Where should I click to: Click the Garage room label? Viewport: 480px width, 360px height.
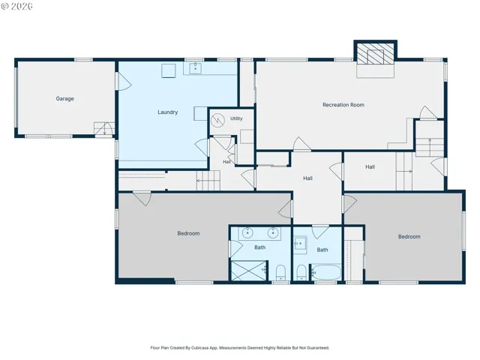click(64, 98)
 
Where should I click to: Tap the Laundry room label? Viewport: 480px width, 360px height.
click(168, 112)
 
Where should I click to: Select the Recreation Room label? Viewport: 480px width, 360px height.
click(343, 105)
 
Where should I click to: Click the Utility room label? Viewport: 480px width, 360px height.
click(236, 118)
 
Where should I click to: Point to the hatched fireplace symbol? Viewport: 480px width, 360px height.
click(375, 53)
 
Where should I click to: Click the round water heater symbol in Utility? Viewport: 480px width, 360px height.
click(218, 120)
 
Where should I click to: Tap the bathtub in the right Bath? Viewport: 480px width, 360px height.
click(326, 272)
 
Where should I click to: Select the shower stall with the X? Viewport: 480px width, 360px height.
click(248, 271)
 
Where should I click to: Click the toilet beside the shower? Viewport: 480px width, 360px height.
click(280, 272)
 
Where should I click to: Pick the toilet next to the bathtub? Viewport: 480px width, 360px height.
click(301, 272)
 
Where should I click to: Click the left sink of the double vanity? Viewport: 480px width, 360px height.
click(247, 233)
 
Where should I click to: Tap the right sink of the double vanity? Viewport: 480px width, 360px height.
click(273, 233)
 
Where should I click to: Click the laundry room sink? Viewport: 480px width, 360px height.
click(195, 68)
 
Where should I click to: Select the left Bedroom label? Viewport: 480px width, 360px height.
click(188, 233)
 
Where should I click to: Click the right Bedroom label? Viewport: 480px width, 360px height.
click(409, 237)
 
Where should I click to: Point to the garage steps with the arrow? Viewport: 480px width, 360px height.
click(104, 128)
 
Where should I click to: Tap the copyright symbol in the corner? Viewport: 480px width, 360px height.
click(5, 6)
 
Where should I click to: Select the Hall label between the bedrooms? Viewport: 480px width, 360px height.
click(308, 178)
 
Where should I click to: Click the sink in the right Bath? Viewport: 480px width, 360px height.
click(300, 244)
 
